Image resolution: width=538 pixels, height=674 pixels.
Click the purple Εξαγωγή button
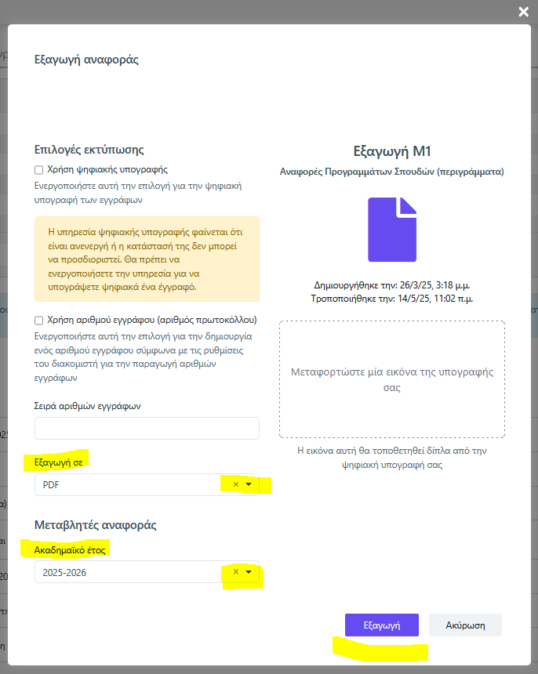(382, 625)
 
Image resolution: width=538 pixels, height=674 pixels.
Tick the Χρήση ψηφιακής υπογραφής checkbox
(39, 169)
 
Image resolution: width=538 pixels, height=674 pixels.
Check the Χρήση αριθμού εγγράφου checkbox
(39, 320)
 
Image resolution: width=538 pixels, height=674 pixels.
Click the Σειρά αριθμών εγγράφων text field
(147, 428)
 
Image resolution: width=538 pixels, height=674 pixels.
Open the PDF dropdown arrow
(249, 484)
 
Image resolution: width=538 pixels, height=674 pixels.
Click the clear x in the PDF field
(236, 484)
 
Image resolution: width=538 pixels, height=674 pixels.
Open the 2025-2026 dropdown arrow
(249, 572)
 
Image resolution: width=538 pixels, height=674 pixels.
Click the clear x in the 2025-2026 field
(236, 572)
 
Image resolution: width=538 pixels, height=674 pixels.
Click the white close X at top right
(523, 11)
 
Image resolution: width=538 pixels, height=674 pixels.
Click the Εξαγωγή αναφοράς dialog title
(86, 59)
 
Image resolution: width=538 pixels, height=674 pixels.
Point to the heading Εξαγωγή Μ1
(392, 150)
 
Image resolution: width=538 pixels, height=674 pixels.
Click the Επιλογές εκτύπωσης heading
(89, 149)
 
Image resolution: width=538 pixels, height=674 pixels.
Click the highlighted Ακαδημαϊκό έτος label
(71, 550)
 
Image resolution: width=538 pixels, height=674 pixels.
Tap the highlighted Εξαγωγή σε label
(59, 462)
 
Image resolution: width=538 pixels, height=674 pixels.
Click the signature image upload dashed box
(392, 379)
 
